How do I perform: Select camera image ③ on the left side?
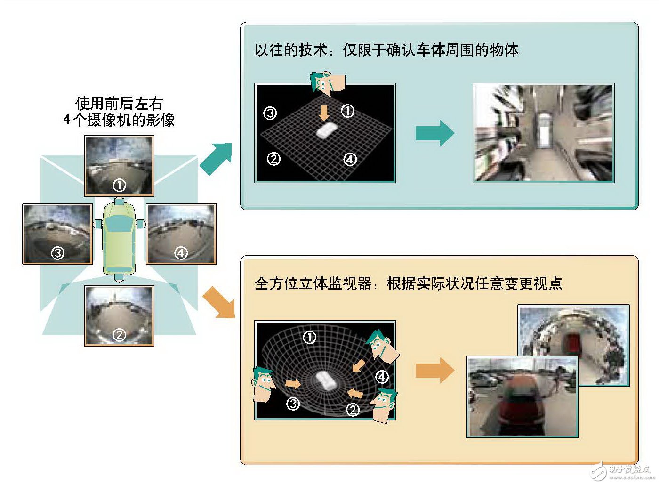tap(57, 234)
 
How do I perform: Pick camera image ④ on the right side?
tap(181, 234)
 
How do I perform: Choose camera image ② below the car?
tap(119, 315)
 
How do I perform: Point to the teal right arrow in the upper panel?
tap(434, 133)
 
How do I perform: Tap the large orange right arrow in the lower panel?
tap(434, 370)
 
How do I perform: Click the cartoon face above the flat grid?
tap(327, 83)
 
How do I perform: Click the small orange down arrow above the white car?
tap(324, 113)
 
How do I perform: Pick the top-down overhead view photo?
tap(543, 133)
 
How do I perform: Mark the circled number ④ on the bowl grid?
tap(382, 377)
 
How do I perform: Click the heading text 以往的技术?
tap(290, 50)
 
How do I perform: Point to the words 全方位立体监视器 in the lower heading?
tap(313, 283)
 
